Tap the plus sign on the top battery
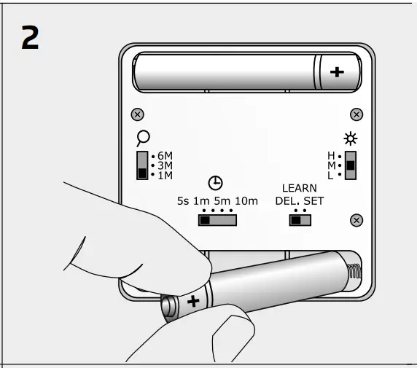click(336, 71)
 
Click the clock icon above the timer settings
click(216, 184)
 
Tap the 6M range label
click(165, 156)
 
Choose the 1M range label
click(165, 175)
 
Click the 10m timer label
click(245, 200)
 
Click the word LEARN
click(299, 188)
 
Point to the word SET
click(313, 200)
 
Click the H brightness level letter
click(331, 156)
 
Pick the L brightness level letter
click(331, 175)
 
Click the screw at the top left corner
click(137, 114)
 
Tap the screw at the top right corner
click(356, 114)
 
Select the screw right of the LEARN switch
click(356, 220)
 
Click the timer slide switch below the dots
click(218, 219)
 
